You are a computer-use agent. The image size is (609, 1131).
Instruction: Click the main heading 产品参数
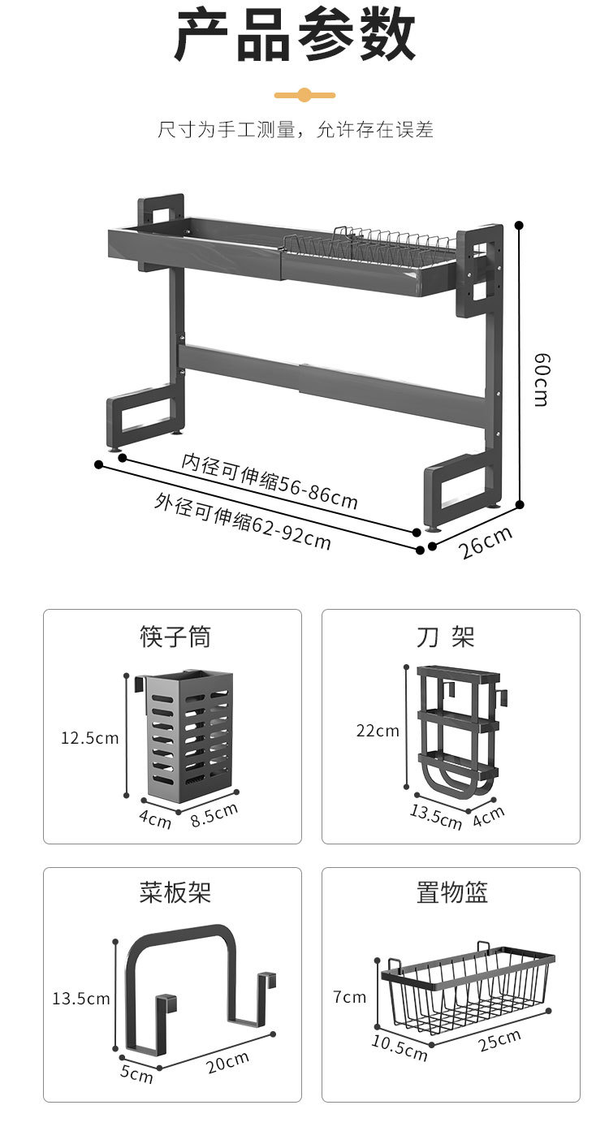[296, 37]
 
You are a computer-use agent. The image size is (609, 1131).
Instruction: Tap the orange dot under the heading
[304, 95]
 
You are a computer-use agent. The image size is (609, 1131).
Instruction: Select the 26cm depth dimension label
[486, 542]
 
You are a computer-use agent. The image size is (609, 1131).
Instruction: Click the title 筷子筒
[175, 637]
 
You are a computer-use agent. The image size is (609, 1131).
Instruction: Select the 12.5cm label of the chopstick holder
[89, 738]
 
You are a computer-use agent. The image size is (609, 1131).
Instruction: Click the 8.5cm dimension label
[214, 814]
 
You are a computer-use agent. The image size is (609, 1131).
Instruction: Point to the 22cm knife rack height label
[378, 731]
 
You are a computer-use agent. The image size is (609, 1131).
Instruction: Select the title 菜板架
[175, 892]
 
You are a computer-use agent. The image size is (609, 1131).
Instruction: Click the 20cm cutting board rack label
[227, 1062]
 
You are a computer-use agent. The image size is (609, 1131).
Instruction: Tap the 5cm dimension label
[136, 1074]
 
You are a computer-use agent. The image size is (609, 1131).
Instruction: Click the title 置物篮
[452, 892]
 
